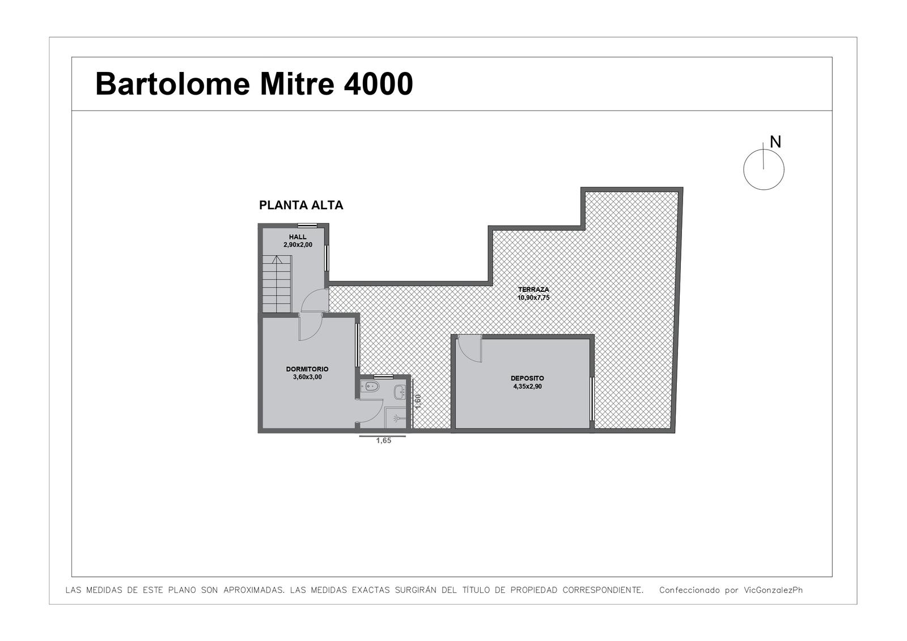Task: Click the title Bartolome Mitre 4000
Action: (254, 84)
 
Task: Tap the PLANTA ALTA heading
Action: (301, 205)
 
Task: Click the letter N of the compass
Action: (775, 142)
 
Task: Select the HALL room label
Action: (298, 237)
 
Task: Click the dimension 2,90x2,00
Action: (298, 245)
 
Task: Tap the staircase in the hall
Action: (277, 284)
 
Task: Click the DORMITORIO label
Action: (307, 369)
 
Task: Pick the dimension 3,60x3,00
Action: (307, 377)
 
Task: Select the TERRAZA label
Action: (533, 290)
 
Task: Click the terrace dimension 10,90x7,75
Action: (533, 298)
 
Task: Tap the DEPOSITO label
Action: (527, 378)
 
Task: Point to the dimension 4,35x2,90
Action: (527, 387)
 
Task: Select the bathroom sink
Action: (400, 392)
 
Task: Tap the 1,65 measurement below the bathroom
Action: (383, 440)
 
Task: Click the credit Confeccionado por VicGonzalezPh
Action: (731, 590)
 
